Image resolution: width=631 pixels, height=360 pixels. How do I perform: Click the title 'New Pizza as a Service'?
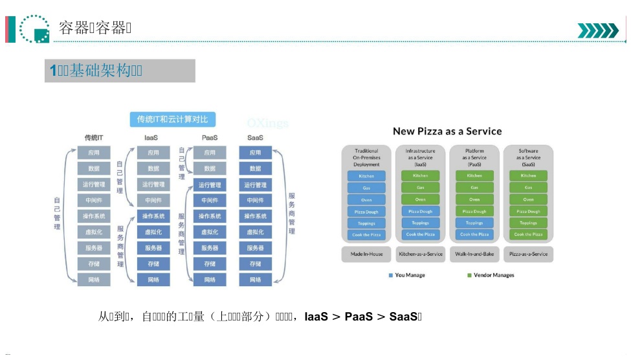coord(447,131)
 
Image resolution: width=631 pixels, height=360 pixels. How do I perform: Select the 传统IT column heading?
coord(94,138)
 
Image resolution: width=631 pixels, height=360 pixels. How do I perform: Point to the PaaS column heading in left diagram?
coord(210,138)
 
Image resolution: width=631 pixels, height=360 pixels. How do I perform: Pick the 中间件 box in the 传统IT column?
coord(94,201)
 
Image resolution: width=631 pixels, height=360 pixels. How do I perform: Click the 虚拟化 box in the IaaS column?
coord(153,232)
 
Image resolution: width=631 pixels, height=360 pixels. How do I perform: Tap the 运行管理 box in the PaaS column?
coord(210,185)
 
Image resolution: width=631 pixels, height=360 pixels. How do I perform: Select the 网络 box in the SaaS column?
coord(255,280)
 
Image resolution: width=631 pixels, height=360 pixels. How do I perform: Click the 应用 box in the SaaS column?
coord(255,153)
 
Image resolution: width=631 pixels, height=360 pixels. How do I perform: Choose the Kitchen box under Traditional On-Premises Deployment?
coord(366,175)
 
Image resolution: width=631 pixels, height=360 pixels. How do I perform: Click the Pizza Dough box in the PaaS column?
coord(474,211)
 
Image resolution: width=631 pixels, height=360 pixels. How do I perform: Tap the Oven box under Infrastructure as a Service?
coord(421,199)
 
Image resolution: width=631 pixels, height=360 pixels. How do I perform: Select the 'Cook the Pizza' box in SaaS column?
coord(528,234)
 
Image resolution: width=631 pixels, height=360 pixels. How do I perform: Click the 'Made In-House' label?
coord(366,254)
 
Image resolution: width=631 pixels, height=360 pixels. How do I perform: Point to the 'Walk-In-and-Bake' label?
coord(474,254)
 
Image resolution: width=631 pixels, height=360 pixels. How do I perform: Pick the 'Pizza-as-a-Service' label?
coord(528,254)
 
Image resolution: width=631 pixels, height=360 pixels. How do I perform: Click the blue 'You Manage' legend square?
coord(391,275)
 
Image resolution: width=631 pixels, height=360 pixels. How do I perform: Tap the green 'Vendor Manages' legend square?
coord(469,275)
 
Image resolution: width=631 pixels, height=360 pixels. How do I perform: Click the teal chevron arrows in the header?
coord(597,30)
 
